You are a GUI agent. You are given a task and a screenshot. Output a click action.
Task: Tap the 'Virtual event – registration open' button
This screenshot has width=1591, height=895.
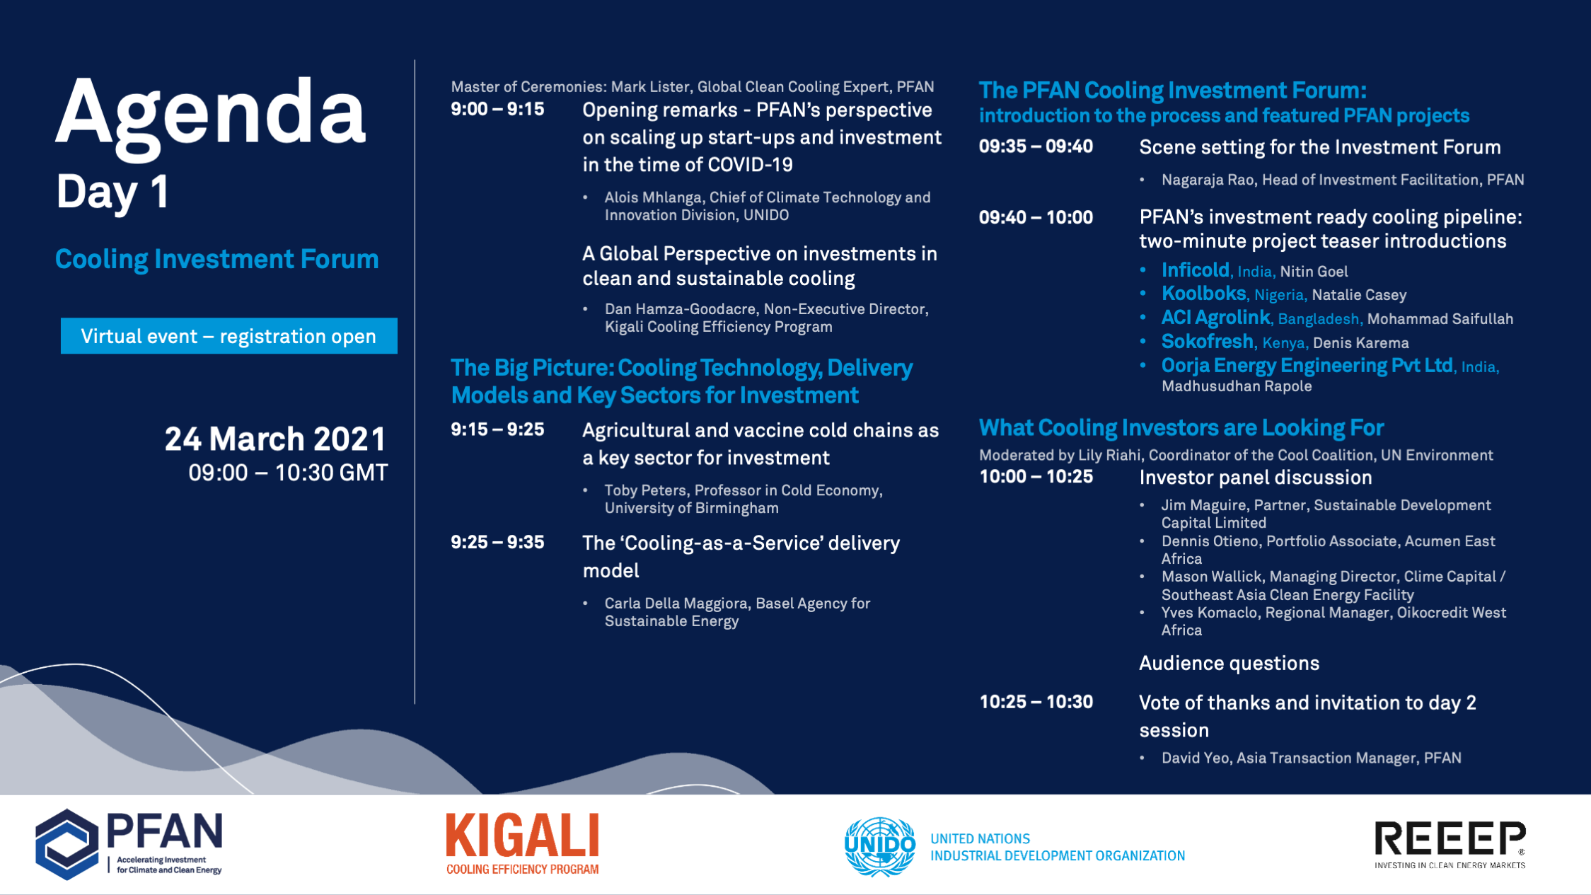228,336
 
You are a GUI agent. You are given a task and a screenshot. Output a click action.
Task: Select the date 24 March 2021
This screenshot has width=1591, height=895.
275,439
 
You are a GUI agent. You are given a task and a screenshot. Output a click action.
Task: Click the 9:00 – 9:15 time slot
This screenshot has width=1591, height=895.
497,110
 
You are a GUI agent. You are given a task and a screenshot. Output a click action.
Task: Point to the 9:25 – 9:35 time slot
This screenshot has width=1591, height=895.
497,543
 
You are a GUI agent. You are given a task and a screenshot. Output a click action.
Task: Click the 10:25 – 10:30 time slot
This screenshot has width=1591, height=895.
1036,702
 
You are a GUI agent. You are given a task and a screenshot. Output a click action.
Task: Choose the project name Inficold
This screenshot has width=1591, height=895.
1195,270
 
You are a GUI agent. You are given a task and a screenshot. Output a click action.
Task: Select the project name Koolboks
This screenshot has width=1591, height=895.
1203,294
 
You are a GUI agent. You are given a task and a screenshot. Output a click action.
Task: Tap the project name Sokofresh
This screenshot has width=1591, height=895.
1207,342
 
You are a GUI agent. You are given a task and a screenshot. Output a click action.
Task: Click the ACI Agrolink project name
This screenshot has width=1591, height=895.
1215,318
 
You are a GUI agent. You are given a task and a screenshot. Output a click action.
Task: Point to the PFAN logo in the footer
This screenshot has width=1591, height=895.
129,844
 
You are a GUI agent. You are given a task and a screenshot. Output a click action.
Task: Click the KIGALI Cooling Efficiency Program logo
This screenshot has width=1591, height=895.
522,843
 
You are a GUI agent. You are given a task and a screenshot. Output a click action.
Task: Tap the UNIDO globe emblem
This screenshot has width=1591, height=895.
880,846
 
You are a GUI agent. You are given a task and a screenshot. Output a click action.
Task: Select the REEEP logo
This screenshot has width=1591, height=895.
1450,844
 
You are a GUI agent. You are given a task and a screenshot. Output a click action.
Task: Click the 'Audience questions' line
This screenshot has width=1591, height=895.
1229,664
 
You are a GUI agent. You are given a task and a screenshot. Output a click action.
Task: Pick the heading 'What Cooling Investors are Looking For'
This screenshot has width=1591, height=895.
1181,428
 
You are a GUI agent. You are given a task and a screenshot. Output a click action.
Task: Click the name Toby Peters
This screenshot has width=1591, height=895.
645,490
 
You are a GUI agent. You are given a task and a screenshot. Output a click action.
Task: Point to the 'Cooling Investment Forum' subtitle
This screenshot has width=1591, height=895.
217,260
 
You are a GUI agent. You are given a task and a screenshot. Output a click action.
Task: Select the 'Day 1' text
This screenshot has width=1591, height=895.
112,192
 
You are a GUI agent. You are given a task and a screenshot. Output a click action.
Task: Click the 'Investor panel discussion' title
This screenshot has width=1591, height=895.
1256,478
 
